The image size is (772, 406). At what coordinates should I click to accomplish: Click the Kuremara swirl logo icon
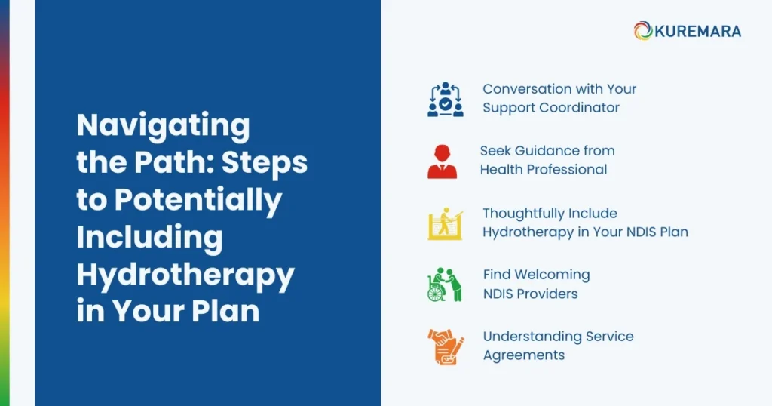click(643, 31)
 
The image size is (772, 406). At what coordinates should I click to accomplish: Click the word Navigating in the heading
click(163, 126)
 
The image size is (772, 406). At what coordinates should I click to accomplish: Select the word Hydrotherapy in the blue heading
click(185, 275)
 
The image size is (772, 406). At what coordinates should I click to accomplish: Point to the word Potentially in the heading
click(198, 200)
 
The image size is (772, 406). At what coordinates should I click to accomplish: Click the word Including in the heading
click(149, 237)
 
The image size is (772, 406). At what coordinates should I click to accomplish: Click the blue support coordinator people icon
click(445, 99)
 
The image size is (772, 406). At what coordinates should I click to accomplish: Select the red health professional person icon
click(442, 161)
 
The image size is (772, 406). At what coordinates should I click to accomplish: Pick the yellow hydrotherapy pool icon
click(444, 223)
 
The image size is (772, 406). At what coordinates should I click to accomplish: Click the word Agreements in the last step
click(523, 355)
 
